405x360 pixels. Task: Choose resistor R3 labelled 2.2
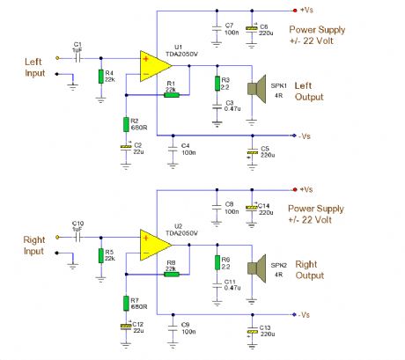pyautogui.click(x=216, y=84)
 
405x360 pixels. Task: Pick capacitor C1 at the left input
pyautogui.click(x=77, y=56)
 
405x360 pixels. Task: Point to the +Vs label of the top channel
pyautogui.click(x=306, y=11)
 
